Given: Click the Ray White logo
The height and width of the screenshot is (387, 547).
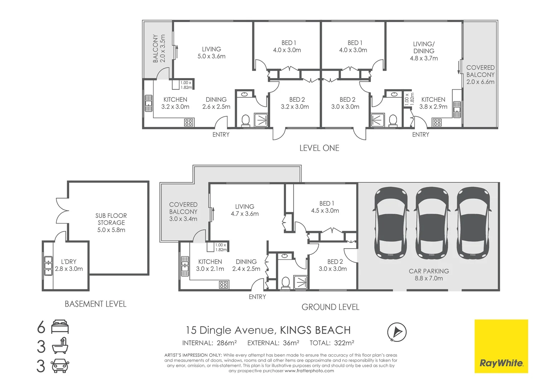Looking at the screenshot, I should pos(501,346).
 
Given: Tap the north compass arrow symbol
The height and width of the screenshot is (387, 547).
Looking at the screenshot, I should pos(397,332).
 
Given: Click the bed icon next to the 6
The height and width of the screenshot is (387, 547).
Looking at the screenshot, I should pos(60,327).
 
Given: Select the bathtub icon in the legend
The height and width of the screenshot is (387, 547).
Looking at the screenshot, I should pos(60,347).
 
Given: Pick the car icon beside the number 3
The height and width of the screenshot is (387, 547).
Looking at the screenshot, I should pos(60,366).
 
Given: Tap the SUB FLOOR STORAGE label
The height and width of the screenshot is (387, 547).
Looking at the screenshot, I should pos(111,223).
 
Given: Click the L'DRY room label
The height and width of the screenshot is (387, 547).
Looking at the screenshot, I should pos(68,265).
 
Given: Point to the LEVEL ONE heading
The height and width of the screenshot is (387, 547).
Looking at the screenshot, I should pos(319,148).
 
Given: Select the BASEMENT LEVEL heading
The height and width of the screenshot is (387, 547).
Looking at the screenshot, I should pos(95,304).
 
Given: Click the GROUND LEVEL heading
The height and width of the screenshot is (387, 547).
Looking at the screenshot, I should pos(330,307).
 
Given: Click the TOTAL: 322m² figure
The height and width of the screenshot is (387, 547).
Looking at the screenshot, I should pos(332,343).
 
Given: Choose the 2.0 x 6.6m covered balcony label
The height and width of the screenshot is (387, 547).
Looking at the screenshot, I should pos(480,75).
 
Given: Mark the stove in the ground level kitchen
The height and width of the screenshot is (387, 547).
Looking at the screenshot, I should pos(223,285).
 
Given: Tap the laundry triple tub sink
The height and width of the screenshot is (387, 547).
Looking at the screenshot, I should pos(48,266).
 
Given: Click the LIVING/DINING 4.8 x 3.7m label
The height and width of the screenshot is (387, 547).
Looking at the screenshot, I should pos(424,51).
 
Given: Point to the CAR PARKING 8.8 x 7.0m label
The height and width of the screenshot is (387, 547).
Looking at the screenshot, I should pos(429,275).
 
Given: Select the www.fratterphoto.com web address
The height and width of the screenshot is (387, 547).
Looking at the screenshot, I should pos(309,371).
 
